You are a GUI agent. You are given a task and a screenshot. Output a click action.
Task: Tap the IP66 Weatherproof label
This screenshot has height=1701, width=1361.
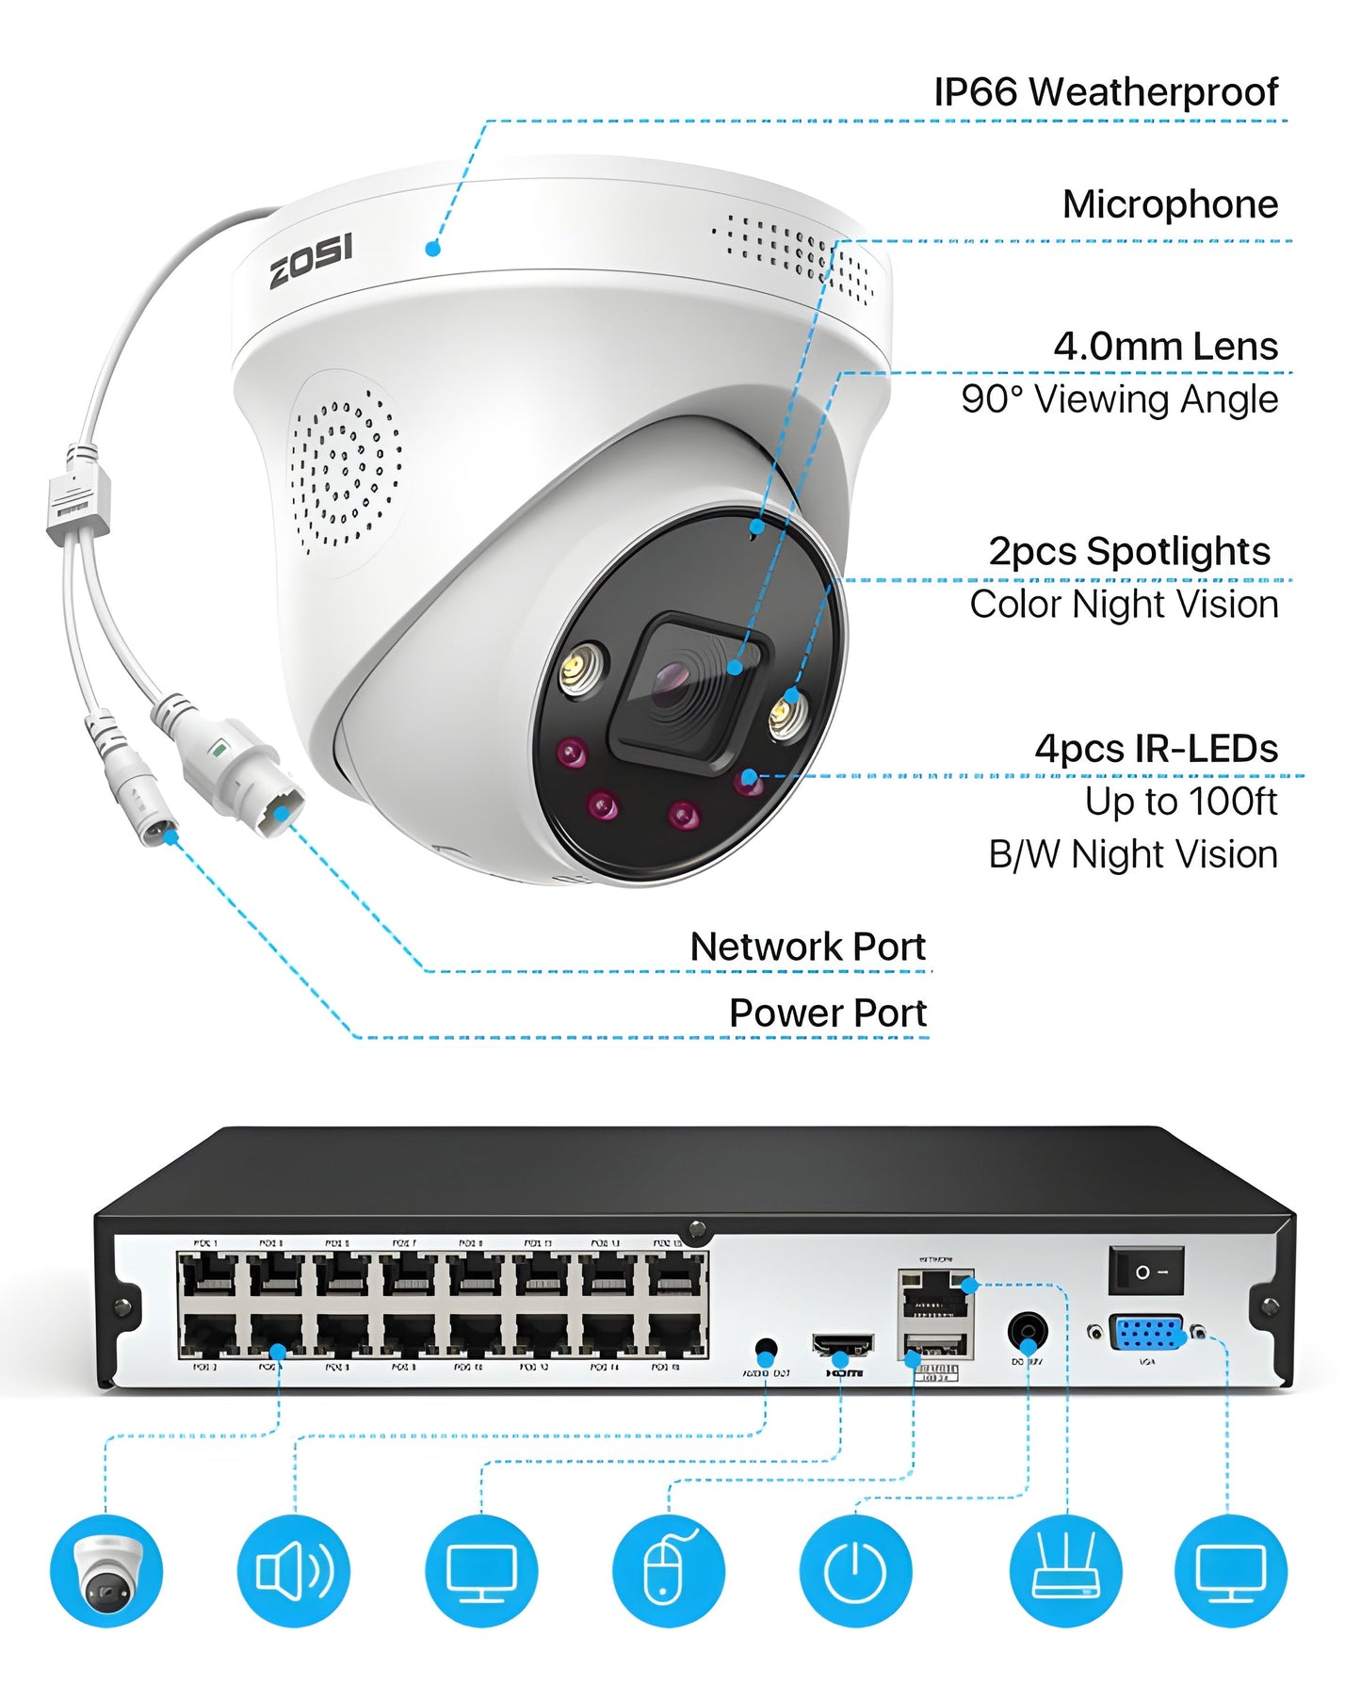[x=1105, y=92]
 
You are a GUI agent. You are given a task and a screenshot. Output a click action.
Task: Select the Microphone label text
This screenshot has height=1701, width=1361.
[x=1170, y=204]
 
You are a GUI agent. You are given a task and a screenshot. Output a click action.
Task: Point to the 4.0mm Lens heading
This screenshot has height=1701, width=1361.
[x=1165, y=347]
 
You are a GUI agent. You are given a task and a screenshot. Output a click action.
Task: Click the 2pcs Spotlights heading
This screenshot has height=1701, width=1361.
[x=1128, y=552]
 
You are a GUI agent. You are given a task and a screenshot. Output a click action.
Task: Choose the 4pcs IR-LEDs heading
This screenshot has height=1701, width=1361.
[x=1156, y=749]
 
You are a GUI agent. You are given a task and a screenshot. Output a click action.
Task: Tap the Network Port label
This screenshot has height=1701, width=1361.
[x=808, y=947]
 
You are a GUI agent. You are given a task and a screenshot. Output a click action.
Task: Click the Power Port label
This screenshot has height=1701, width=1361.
[x=828, y=1013]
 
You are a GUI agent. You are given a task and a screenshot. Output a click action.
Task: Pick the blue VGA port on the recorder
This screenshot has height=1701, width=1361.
[x=1146, y=1335]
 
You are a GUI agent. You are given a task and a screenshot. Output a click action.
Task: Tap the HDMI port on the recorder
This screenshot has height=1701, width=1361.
[x=842, y=1345]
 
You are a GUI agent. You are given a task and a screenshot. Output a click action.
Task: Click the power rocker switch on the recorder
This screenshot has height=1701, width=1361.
[x=1145, y=1271]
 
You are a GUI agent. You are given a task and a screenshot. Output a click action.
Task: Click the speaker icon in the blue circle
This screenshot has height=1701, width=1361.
[x=293, y=1570]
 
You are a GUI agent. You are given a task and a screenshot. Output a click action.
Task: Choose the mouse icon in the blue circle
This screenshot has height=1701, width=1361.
[x=668, y=1570]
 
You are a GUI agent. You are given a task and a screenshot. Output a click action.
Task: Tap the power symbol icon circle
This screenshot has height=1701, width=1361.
[x=855, y=1570]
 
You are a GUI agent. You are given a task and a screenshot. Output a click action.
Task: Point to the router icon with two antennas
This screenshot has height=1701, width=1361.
[x=1065, y=1570]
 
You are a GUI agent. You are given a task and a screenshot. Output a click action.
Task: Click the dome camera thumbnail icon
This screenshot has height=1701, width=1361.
[x=106, y=1570]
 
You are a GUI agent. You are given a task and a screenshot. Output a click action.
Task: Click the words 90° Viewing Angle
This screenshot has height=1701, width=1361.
[x=1119, y=399]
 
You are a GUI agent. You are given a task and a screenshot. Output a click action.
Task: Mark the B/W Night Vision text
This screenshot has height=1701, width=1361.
[x=1132, y=855]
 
